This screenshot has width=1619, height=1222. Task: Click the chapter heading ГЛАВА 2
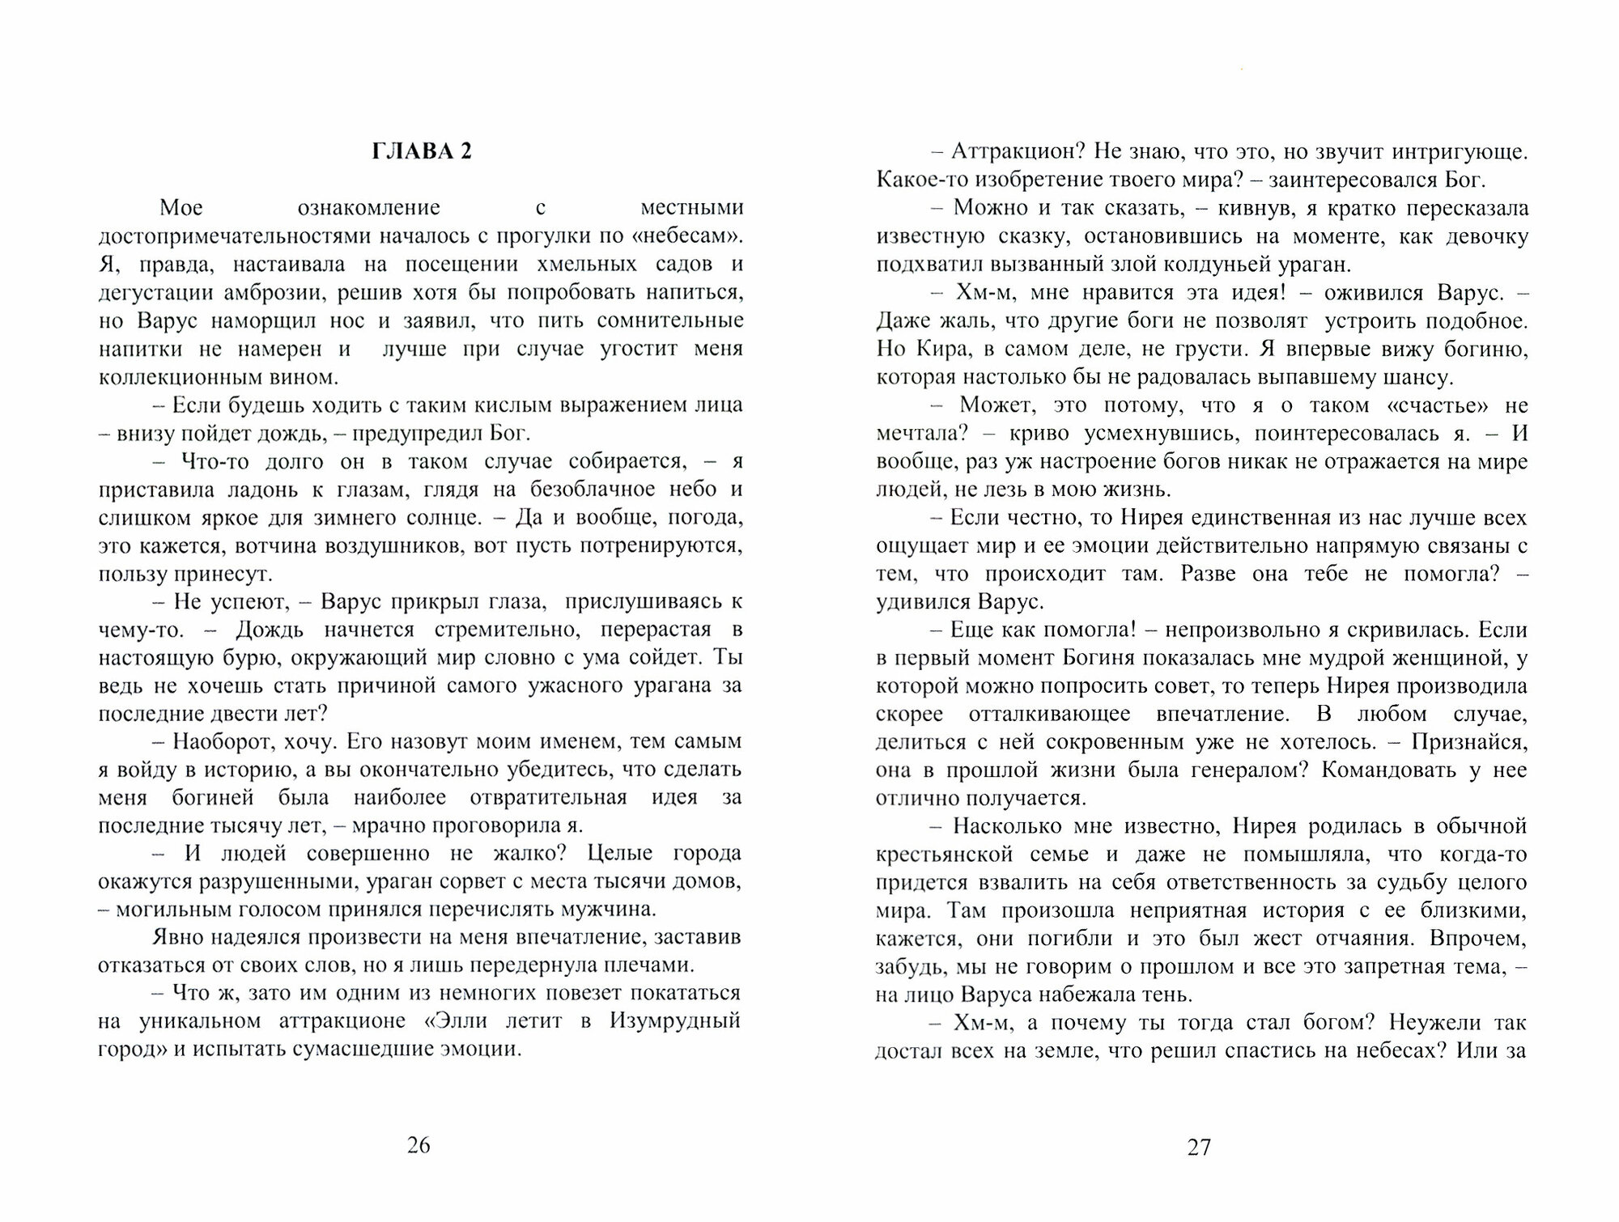(x=421, y=152)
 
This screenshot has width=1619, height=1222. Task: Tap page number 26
(x=419, y=1145)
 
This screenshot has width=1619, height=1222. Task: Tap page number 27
(x=1198, y=1147)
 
